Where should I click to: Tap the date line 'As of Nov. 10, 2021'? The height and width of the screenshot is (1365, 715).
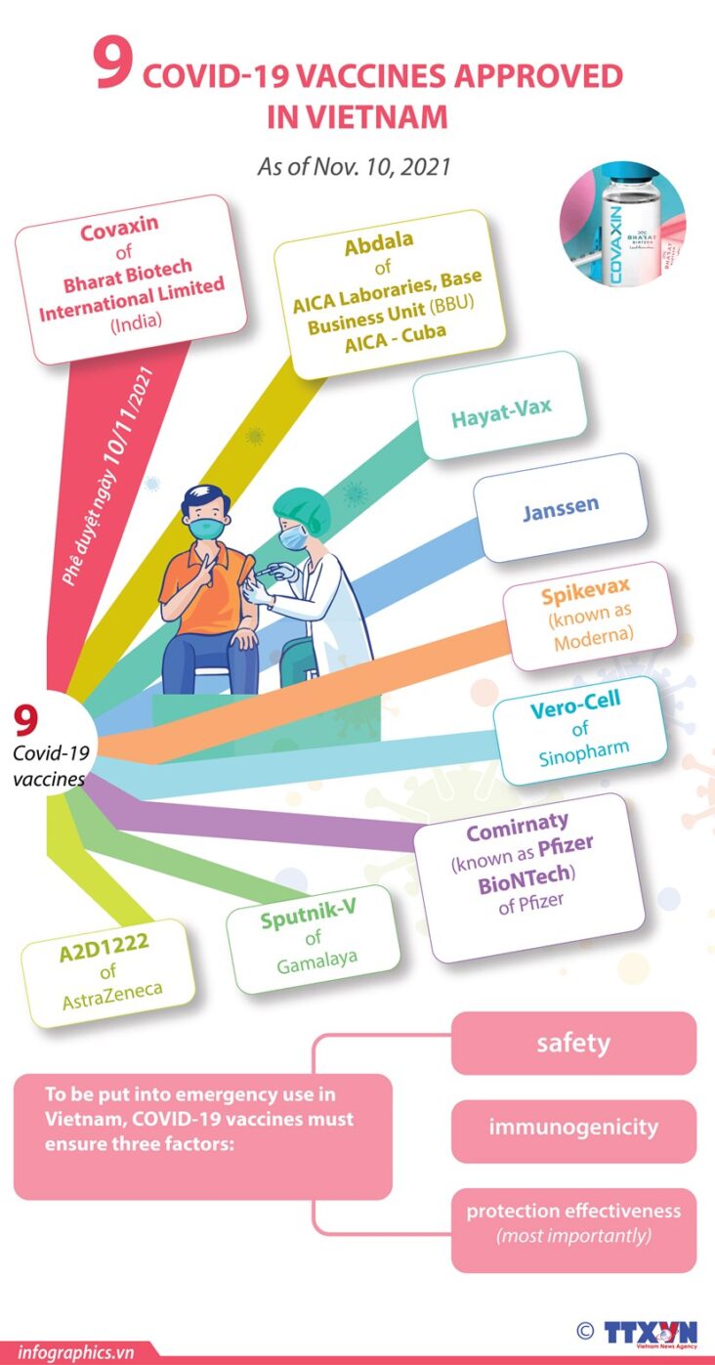coord(354,167)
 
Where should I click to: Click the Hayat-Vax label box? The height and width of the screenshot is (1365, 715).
coord(499,417)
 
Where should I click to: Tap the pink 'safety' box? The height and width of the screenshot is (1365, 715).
coord(573,1044)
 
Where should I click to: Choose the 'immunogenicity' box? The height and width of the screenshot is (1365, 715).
coord(573,1128)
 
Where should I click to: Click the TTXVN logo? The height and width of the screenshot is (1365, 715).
coord(649,1332)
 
